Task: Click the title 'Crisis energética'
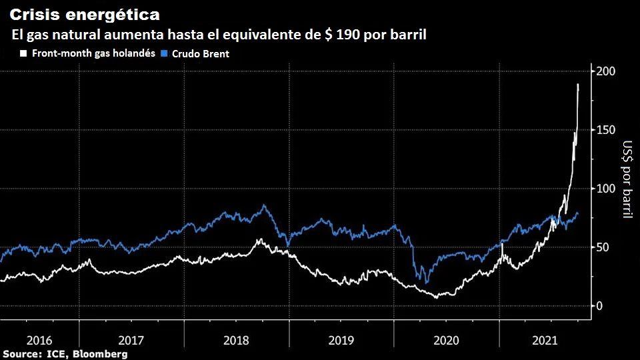point(84,14)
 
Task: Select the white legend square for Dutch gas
point(24,53)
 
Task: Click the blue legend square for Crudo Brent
point(166,53)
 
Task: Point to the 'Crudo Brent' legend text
point(201,54)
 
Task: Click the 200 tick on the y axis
point(605,71)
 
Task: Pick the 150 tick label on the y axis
point(605,130)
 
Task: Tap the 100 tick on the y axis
point(605,189)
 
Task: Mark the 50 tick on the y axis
point(602,247)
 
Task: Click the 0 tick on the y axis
point(599,306)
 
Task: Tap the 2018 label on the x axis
point(237,340)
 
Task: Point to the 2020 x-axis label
point(447,340)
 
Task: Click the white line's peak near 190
point(578,85)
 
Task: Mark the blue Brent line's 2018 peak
point(264,205)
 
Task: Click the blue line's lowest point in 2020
point(426,283)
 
